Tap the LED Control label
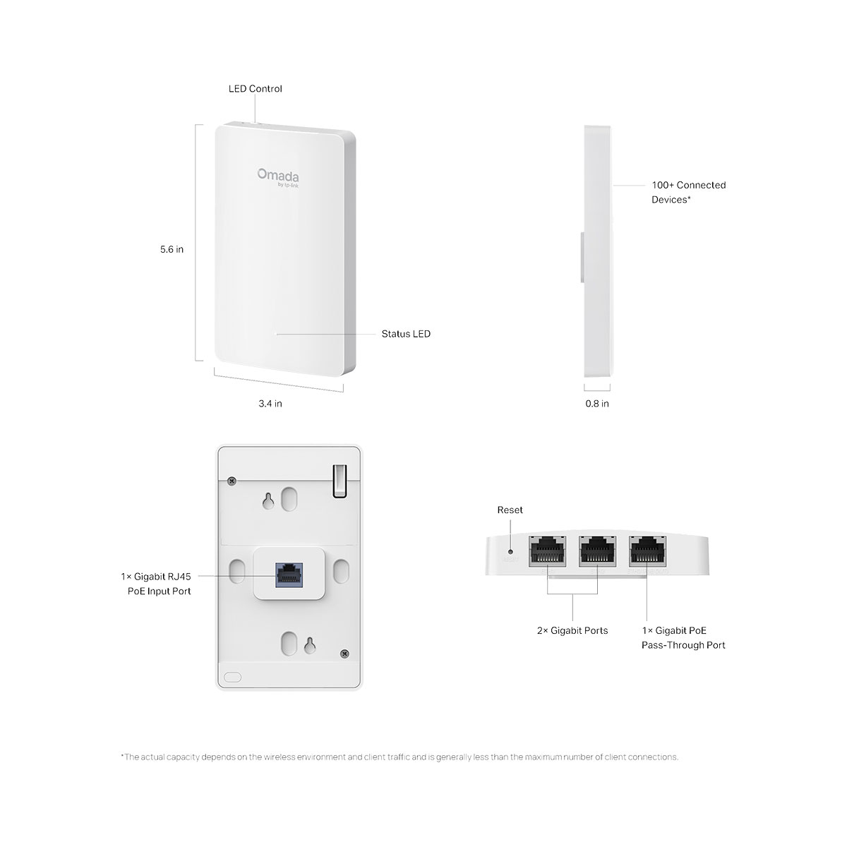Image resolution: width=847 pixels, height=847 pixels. click(x=255, y=89)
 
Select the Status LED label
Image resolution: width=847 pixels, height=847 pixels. click(x=406, y=334)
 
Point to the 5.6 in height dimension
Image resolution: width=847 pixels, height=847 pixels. click(x=172, y=249)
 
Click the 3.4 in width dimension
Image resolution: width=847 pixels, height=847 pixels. click(x=270, y=404)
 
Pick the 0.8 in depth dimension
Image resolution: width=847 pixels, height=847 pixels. click(x=597, y=404)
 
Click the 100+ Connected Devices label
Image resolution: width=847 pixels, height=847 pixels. click(x=688, y=192)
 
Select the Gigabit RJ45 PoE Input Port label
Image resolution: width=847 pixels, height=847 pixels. click(x=155, y=584)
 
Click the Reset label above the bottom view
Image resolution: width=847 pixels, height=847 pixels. click(x=510, y=510)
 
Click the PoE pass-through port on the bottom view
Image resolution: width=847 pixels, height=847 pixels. click(x=647, y=551)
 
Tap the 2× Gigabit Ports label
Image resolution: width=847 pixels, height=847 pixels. click(x=572, y=630)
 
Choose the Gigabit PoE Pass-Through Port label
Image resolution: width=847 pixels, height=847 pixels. click(x=683, y=637)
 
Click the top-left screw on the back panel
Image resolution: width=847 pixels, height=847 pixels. click(x=232, y=481)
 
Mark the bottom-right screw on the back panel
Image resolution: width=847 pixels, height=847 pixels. click(x=344, y=654)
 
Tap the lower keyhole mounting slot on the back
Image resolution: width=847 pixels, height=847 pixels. click(x=309, y=645)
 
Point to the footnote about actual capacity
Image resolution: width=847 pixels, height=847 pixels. click(x=400, y=757)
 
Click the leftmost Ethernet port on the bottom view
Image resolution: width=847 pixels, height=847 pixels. click(x=548, y=551)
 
